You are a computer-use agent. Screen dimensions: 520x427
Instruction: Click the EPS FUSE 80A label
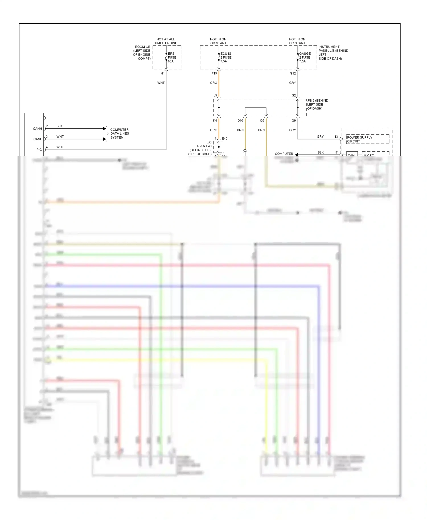(x=172, y=57)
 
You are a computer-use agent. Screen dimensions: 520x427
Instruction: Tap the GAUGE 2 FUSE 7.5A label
(x=305, y=57)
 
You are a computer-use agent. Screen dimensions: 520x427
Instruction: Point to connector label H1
(x=163, y=73)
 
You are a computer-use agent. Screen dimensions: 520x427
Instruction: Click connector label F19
(x=214, y=73)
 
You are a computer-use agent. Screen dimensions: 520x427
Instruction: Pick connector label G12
(x=293, y=73)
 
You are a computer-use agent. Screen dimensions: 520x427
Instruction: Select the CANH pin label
(x=37, y=129)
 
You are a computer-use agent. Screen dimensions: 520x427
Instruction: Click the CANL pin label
(x=37, y=139)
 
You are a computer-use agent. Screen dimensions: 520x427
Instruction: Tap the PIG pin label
(x=39, y=150)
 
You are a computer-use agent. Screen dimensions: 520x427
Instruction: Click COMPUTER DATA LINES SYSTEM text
(x=120, y=133)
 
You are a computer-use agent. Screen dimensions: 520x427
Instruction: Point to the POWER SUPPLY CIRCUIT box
(x=367, y=139)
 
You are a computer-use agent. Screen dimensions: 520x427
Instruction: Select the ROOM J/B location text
(x=142, y=53)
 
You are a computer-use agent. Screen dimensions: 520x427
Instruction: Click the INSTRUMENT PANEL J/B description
(x=333, y=53)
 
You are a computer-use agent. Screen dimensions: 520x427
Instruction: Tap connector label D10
(x=240, y=121)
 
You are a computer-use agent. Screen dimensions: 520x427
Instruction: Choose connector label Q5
(x=262, y=121)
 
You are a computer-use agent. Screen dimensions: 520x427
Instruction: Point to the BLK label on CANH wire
(x=59, y=126)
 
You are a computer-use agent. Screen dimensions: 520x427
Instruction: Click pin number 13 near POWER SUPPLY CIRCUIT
(x=336, y=137)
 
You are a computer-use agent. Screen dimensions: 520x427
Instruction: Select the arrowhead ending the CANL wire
(x=104, y=139)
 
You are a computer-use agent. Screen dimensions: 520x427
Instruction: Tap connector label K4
(x=215, y=121)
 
